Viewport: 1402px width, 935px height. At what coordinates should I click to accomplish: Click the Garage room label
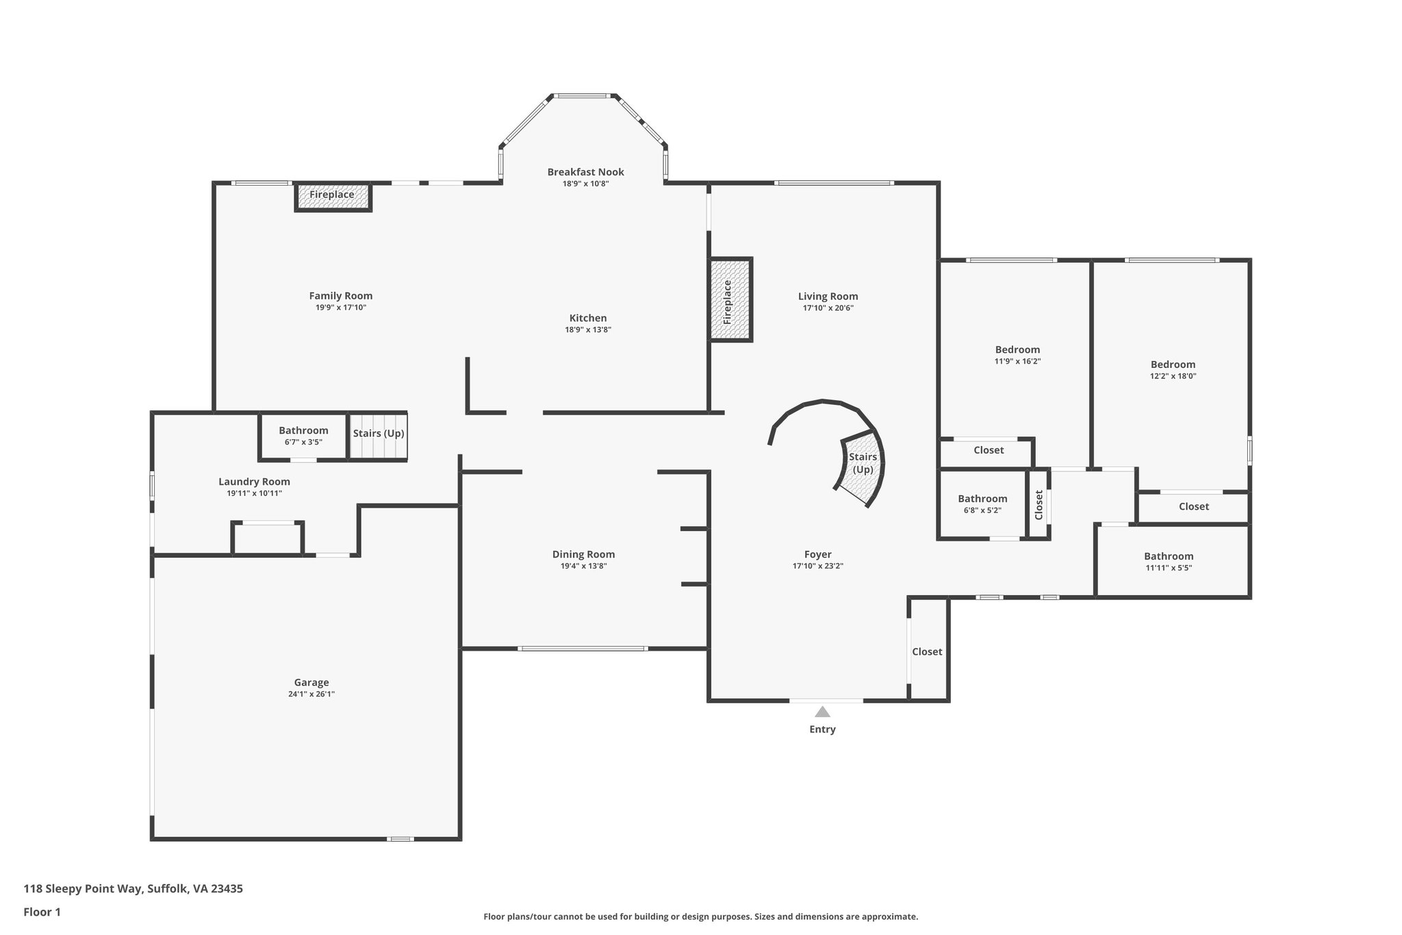pyautogui.click(x=311, y=682)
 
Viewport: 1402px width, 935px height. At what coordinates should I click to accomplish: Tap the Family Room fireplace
pyautogui.click(x=333, y=195)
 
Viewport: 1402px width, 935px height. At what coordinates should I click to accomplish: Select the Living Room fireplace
pyautogui.click(x=730, y=300)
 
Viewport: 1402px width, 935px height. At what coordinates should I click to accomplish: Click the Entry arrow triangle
pyautogui.click(x=822, y=712)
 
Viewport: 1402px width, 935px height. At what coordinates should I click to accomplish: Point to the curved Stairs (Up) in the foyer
pyautogui.click(x=862, y=465)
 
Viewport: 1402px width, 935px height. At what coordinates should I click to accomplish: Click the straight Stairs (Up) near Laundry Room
pyautogui.click(x=379, y=434)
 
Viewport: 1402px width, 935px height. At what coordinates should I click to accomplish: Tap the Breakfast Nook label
pyautogui.click(x=585, y=172)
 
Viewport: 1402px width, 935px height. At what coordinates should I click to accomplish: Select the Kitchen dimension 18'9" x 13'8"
pyautogui.click(x=587, y=329)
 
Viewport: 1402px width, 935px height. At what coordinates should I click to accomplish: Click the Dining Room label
pyautogui.click(x=583, y=554)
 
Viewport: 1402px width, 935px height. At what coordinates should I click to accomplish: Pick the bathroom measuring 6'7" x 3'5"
pyautogui.click(x=303, y=436)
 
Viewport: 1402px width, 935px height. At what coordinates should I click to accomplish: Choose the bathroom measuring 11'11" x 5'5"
pyautogui.click(x=1169, y=561)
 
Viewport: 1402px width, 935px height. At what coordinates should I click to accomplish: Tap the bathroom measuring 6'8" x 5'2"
pyautogui.click(x=982, y=503)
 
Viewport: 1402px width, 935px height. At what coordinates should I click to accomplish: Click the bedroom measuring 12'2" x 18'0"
pyautogui.click(x=1173, y=369)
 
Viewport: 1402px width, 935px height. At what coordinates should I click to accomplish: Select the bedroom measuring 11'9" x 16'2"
pyautogui.click(x=1017, y=354)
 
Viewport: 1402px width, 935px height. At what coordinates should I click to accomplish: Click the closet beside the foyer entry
pyautogui.click(x=927, y=651)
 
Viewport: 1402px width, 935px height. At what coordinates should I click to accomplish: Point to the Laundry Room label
pyautogui.click(x=254, y=482)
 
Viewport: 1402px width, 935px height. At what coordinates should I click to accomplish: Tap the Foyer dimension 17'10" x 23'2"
pyautogui.click(x=817, y=566)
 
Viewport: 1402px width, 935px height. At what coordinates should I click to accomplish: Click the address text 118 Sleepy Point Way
pyautogui.click(x=133, y=888)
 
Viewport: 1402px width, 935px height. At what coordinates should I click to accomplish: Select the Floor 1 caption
pyautogui.click(x=42, y=912)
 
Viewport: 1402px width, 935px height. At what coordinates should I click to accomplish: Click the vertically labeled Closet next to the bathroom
pyautogui.click(x=1038, y=504)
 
